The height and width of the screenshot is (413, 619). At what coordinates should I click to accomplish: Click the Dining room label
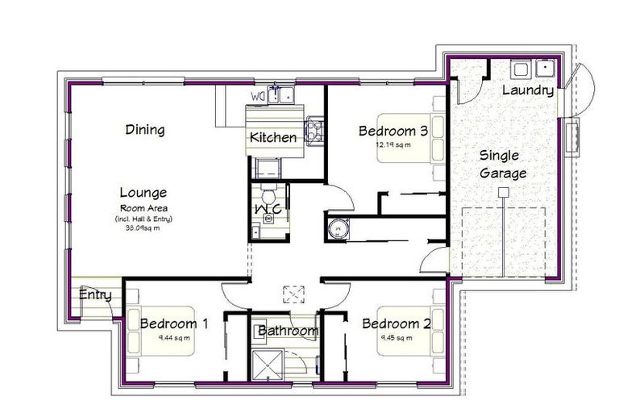click(x=145, y=129)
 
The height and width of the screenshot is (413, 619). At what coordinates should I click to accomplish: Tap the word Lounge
click(x=143, y=193)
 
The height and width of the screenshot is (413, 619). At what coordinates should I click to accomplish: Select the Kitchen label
click(x=272, y=138)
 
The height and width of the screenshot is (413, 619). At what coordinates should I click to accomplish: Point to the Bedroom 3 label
click(x=393, y=130)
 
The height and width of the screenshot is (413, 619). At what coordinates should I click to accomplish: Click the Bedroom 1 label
click(x=174, y=323)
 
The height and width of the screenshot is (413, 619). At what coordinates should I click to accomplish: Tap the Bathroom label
click(x=288, y=331)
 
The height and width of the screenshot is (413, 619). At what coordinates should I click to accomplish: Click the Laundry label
click(x=528, y=90)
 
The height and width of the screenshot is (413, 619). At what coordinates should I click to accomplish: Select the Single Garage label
click(x=503, y=164)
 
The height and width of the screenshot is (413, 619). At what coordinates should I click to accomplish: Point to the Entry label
click(x=94, y=295)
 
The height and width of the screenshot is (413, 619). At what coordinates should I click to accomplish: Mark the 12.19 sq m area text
click(x=393, y=146)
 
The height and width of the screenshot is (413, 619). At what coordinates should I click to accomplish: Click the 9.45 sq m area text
click(x=396, y=339)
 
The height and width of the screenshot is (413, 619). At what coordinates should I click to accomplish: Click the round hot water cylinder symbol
click(x=338, y=229)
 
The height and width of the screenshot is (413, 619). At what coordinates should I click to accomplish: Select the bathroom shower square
click(x=266, y=363)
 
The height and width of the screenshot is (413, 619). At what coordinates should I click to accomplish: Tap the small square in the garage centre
click(x=503, y=191)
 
